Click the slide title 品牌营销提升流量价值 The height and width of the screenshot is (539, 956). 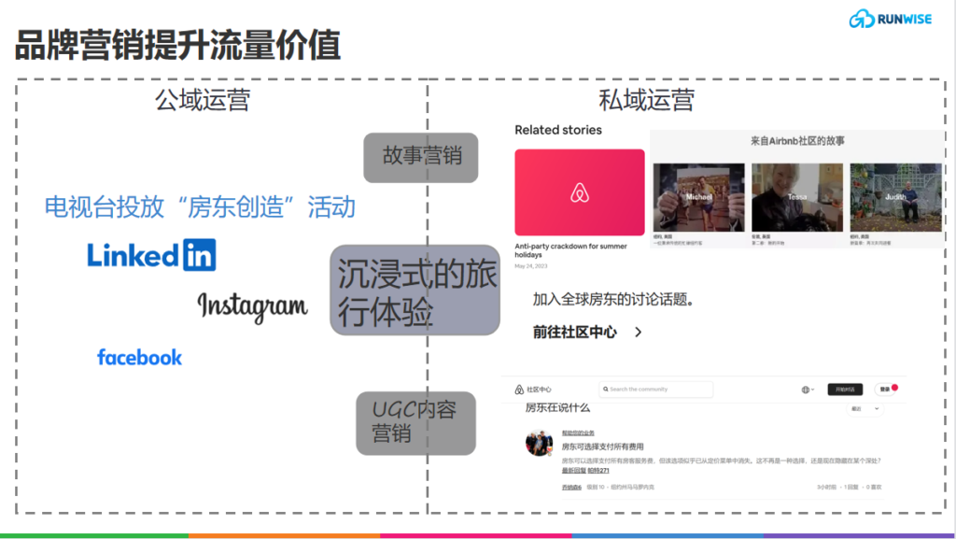177,44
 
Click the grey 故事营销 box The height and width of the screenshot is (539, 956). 421,157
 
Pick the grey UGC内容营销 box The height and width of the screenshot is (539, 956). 415,422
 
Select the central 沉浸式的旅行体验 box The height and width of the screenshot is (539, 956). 415,290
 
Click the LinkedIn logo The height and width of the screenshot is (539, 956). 151,254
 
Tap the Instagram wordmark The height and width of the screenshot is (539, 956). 252,305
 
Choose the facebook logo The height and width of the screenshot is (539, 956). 139,357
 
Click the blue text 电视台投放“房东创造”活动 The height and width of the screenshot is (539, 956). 200,206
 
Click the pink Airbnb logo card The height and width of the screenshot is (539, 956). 579,192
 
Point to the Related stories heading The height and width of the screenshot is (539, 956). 558,130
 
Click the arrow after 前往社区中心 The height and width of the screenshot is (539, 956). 639,332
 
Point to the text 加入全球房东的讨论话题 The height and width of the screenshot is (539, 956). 617,300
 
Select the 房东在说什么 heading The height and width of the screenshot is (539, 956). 557,408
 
